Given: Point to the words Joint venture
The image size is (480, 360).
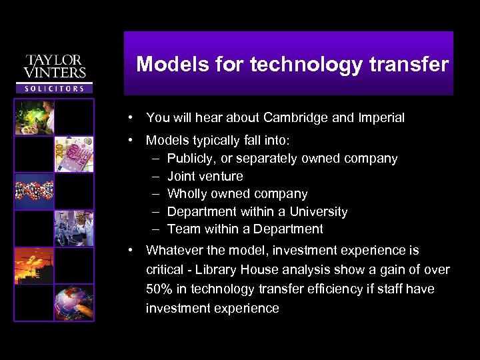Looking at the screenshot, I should pos(205,176).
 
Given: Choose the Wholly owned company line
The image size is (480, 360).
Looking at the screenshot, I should pos(237,194).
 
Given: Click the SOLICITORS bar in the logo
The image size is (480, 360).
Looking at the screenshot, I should pos(55,88).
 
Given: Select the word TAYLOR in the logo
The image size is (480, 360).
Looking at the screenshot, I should pos(55,60).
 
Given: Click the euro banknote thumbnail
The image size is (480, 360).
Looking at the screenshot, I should pos(74,155).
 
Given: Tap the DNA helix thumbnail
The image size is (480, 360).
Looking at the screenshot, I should pos(34,192).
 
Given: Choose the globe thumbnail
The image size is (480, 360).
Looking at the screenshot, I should pos(74,303).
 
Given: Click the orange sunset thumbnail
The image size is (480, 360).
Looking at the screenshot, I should pos(34,266).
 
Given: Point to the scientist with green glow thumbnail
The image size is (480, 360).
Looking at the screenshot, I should pos(34,118).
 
